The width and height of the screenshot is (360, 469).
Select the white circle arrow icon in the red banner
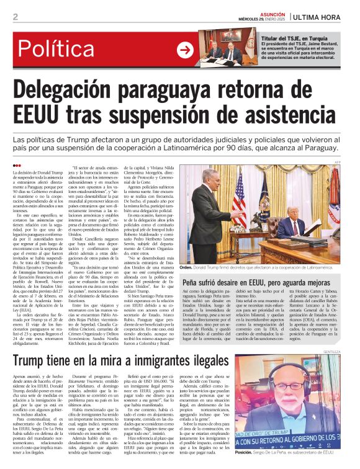pyautogui.click(x=185, y=50)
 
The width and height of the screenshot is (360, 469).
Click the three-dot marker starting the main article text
pyautogui.click(x=16, y=164)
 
